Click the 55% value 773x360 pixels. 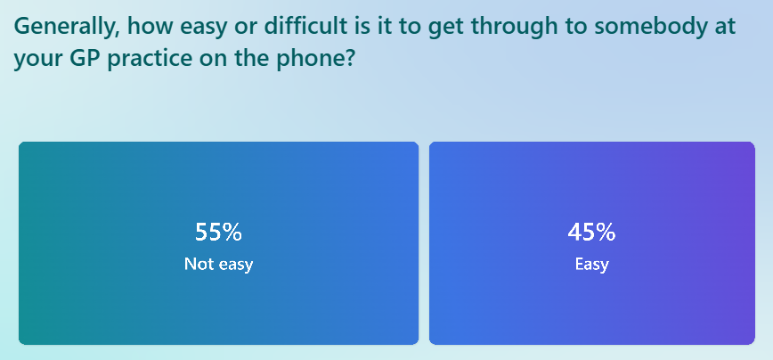tap(218, 232)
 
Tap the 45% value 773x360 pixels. tap(591, 232)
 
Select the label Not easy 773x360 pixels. tap(218, 264)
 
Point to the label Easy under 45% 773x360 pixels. tap(591, 265)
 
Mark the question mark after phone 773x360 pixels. tap(350, 59)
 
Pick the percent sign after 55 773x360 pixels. tap(232, 233)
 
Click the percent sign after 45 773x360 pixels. tap(605, 233)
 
